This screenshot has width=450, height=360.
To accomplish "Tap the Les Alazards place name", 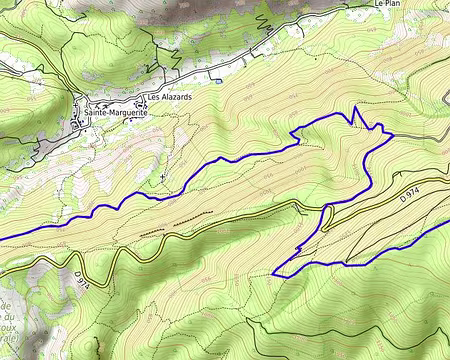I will point(168,98).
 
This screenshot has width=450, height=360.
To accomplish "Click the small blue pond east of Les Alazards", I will point(213,80).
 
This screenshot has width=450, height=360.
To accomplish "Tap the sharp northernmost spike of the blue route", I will point(355,107).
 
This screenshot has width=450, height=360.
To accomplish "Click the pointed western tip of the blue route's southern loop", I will point(274,273).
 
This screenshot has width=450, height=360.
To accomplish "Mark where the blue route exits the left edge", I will point(1,238).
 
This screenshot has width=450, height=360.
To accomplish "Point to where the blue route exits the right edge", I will point(448,221).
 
